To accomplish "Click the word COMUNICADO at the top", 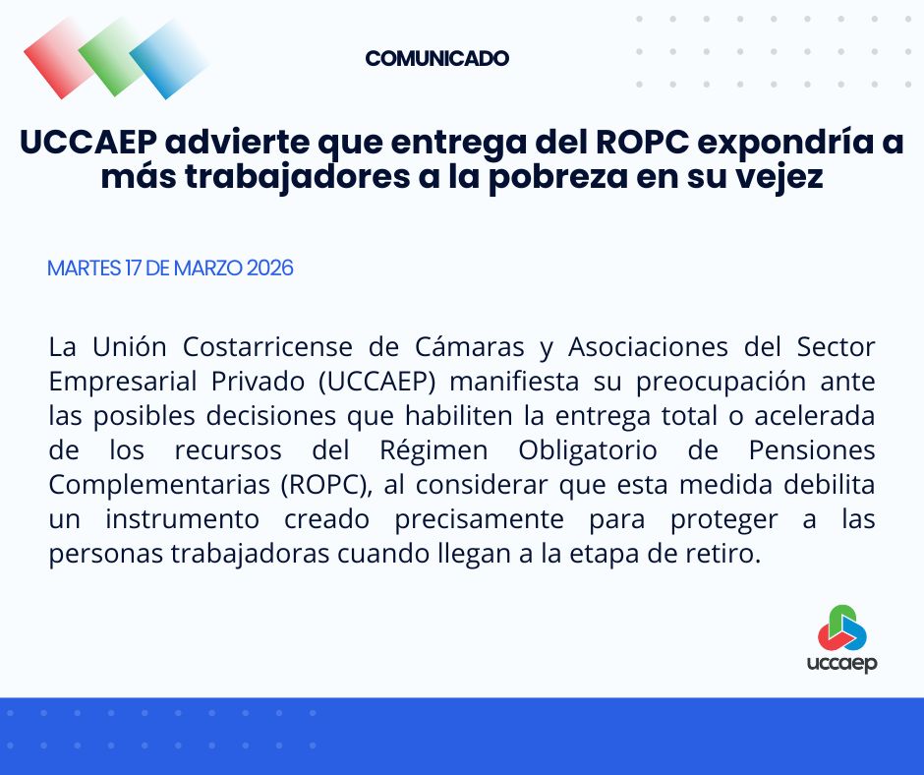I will [436, 58].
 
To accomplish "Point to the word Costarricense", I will [256, 347].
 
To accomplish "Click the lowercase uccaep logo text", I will [840, 662].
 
